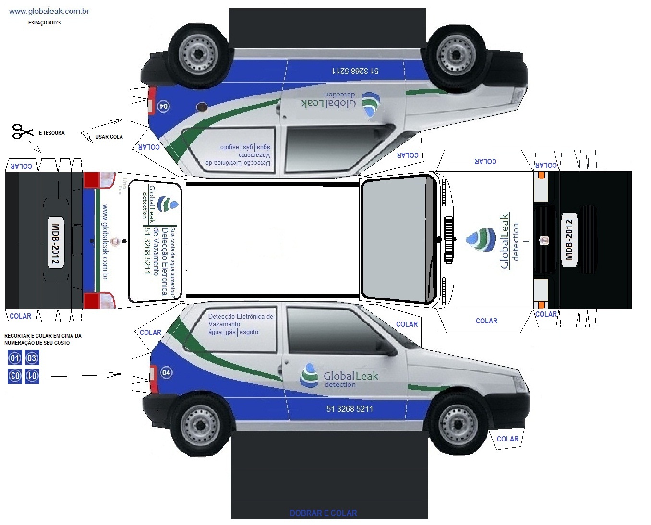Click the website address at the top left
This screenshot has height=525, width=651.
pos(49,11)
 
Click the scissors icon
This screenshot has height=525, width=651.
pos(22,131)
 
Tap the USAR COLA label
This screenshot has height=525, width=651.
pos(109,137)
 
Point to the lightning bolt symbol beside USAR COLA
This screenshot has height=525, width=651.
pos(87,136)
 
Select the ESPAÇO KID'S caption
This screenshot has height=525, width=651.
pos(45,23)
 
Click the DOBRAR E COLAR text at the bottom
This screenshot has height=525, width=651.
pos(323,513)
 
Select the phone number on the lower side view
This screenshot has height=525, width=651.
pos(350,409)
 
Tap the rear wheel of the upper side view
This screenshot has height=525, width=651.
pos(198,54)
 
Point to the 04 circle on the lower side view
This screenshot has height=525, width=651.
pos(166,372)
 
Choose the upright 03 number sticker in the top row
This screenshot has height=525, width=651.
pos(32,358)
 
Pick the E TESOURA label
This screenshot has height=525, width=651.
pos(51,133)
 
